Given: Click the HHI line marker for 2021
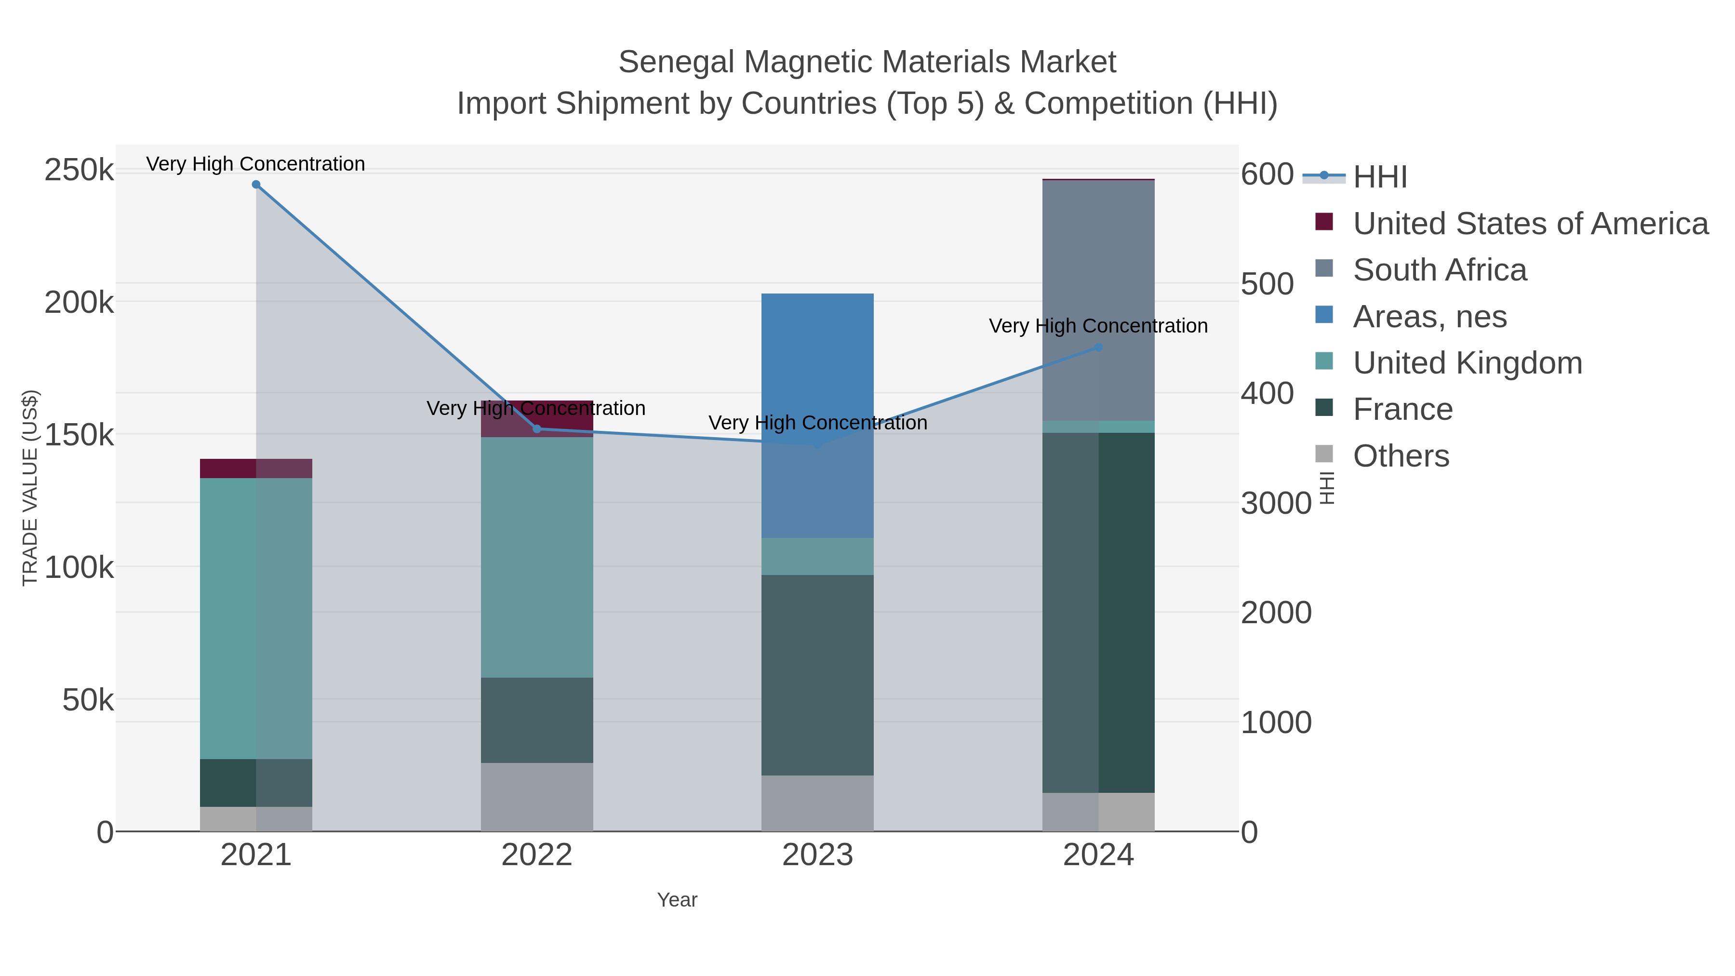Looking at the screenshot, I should click(256, 185).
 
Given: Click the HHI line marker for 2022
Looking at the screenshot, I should click(537, 429).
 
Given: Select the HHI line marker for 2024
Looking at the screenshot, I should click(1098, 348).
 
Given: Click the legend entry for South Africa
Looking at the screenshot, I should click(1439, 270).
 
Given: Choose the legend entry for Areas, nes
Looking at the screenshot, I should click(1429, 317).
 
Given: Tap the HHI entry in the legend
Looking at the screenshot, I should click(1379, 177).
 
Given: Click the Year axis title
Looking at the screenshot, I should click(677, 900).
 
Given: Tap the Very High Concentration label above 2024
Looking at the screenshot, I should click(1098, 326).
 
